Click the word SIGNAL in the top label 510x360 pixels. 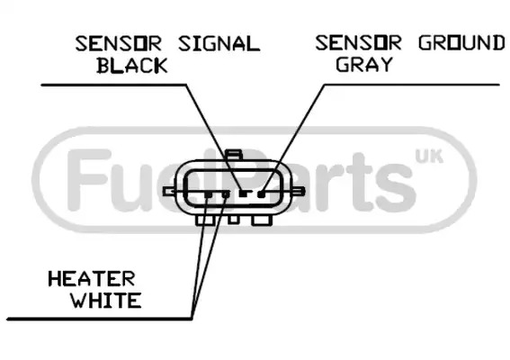click(219, 43)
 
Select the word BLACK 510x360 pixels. click(132, 65)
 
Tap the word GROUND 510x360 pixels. click(461, 42)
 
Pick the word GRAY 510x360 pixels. click(364, 64)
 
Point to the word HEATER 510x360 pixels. click(92, 279)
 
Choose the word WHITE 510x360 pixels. click(106, 300)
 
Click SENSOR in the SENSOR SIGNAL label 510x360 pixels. click(119, 43)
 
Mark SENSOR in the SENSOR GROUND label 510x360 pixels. click(358, 42)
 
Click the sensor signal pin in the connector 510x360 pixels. click(243, 193)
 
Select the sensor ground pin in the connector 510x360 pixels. click(261, 194)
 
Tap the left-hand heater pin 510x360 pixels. click(209, 194)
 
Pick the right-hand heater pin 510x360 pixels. click(226, 194)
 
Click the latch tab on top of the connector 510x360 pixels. click(234, 155)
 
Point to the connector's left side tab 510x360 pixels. click(169, 192)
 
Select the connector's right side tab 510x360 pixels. click(299, 191)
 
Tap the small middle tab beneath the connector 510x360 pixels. click(233, 220)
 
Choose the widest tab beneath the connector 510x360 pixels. click(262, 220)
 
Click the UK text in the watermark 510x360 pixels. click(429, 157)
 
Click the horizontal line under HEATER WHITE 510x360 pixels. click(100, 319)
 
